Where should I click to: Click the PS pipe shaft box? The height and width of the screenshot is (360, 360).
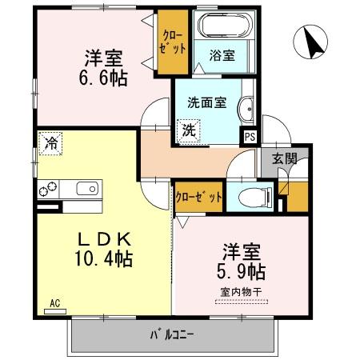pos(250,136)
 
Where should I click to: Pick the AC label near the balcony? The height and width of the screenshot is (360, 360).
pos(55,303)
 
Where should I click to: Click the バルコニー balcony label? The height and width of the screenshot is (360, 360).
pos(172,332)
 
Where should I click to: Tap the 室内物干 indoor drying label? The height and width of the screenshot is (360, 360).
pos(241,292)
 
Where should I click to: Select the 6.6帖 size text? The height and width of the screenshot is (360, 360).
pos(102,78)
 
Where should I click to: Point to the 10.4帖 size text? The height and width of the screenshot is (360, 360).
pos(104,259)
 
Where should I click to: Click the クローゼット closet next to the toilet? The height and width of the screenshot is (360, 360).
pos(198,196)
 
